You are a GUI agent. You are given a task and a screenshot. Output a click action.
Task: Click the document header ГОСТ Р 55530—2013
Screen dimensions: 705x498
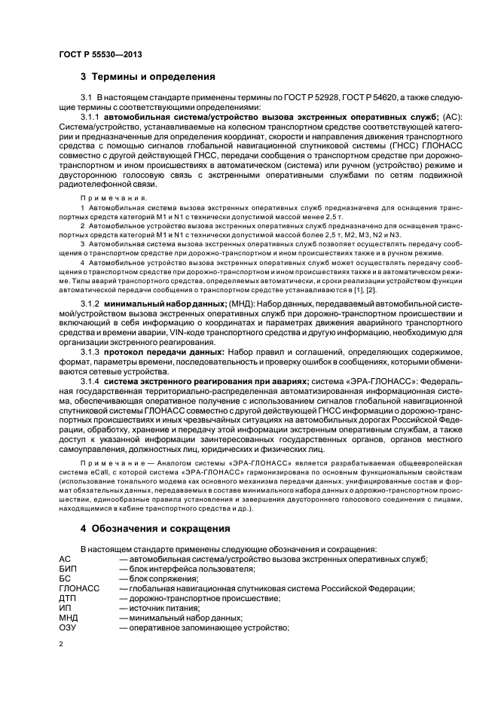click(x=100, y=55)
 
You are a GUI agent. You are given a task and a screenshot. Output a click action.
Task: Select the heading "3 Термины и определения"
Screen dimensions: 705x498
click(x=148, y=76)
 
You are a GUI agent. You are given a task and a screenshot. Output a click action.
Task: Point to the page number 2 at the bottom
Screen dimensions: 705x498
click(x=60, y=645)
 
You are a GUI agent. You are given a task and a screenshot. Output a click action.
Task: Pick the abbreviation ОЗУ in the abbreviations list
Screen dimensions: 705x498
click(x=67, y=627)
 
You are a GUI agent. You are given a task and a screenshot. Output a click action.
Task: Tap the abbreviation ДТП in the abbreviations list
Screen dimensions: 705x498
click(x=67, y=598)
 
